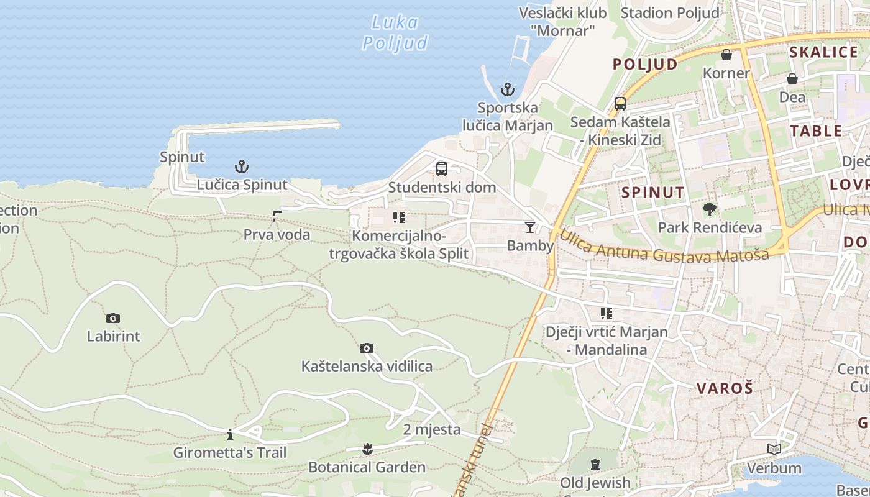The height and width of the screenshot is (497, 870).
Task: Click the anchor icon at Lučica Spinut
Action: pyautogui.click(x=241, y=166)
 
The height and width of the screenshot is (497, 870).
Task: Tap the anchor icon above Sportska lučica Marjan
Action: pyautogui.click(x=508, y=89)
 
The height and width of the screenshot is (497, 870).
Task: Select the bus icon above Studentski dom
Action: pyautogui.click(x=442, y=168)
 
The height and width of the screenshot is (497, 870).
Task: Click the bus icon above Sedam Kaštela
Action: pyautogui.click(x=620, y=104)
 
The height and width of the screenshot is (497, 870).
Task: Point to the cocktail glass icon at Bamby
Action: pyautogui.click(x=529, y=227)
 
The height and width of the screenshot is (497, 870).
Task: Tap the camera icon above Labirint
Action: pyautogui.click(x=113, y=318)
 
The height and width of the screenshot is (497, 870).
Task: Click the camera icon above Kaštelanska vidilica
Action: pyautogui.click(x=367, y=348)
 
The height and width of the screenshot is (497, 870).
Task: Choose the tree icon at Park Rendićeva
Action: pyautogui.click(x=709, y=209)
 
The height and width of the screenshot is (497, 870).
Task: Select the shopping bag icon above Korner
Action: pyautogui.click(x=726, y=55)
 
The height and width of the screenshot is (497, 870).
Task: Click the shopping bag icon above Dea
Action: pyautogui.click(x=792, y=79)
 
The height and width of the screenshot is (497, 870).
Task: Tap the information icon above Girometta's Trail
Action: pyautogui.click(x=230, y=434)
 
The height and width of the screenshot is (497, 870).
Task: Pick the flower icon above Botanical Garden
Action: pyautogui.click(x=367, y=449)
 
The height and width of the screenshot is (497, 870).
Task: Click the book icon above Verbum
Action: pyautogui.click(x=774, y=449)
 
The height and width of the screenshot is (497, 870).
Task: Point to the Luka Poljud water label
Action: pyautogui.click(x=395, y=32)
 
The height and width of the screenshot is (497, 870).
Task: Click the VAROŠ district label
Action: pyautogui.click(x=725, y=388)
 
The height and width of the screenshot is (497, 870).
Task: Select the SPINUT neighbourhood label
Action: pyautogui.click(x=653, y=192)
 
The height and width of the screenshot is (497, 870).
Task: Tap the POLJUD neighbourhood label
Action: pyautogui.click(x=645, y=64)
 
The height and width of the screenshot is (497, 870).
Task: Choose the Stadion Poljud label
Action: pyautogui.click(x=670, y=12)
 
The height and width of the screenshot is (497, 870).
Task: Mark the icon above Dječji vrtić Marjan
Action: pyautogui.click(x=606, y=314)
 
